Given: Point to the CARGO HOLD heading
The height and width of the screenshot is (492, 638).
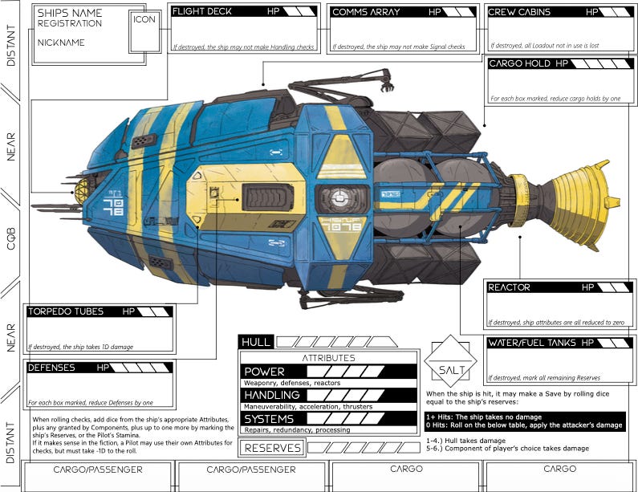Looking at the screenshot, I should coord(519,63).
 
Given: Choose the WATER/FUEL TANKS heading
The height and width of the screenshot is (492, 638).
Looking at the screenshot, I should coord(530,343).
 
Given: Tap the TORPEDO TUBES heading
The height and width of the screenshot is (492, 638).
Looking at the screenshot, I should coord(67,311).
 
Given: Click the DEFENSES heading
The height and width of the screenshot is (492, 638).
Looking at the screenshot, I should coord(51,368).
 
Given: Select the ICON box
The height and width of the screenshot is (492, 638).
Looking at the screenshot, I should coord(145,19).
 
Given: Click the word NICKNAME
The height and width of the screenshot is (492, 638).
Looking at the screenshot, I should coord(61,43).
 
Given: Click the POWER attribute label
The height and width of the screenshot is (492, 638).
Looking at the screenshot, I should coord(265,372).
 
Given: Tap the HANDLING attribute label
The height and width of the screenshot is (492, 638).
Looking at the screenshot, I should coord(272,396).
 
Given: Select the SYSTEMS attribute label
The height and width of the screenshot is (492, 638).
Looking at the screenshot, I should coord(270,419).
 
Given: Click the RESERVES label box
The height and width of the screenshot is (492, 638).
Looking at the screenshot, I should coord(272,448).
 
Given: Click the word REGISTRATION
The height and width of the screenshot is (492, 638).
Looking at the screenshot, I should coord(70,24).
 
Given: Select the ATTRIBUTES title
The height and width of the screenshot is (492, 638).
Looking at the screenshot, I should coord(329,358).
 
